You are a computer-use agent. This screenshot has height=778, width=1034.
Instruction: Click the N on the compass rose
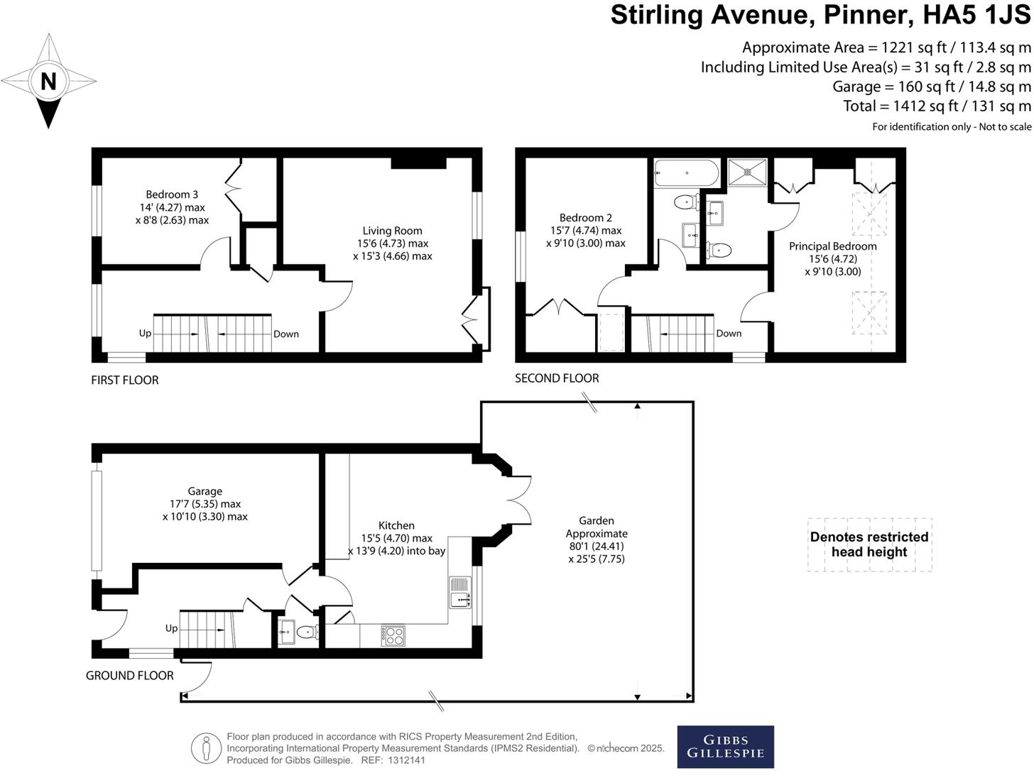tap(48, 82)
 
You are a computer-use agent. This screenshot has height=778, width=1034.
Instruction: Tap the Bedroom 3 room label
tap(172, 194)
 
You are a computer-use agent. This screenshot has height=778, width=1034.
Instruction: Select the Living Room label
tap(392, 231)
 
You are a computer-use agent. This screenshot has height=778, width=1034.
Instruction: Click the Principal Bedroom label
tap(832, 246)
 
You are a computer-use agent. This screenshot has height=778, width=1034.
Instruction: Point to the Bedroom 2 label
tap(585, 218)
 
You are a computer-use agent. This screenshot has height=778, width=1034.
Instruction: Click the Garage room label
tap(205, 491)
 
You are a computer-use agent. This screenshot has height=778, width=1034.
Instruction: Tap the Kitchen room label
tap(396, 525)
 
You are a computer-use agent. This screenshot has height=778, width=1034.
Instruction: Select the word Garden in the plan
tap(596, 520)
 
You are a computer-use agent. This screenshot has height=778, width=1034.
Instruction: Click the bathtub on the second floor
tap(686, 172)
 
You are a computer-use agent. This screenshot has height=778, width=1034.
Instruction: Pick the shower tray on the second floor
tap(747, 172)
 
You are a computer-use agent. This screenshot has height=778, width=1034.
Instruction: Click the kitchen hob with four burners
tap(393, 635)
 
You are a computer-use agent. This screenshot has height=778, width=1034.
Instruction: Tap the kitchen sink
tap(460, 592)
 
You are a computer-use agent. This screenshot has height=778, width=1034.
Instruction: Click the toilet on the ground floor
tap(307, 632)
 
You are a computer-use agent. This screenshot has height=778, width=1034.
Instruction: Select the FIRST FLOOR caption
tap(125, 380)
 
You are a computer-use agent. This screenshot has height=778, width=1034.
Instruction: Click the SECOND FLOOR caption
tap(557, 378)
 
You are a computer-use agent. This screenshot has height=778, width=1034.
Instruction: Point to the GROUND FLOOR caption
tap(130, 675)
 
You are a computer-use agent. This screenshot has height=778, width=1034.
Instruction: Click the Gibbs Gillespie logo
tap(725, 747)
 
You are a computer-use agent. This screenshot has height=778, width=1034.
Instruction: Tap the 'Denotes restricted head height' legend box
tap(869, 544)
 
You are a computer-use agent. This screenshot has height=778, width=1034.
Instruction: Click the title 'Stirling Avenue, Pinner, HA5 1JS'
tap(820, 16)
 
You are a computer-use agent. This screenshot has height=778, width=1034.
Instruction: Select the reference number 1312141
tap(406, 760)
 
